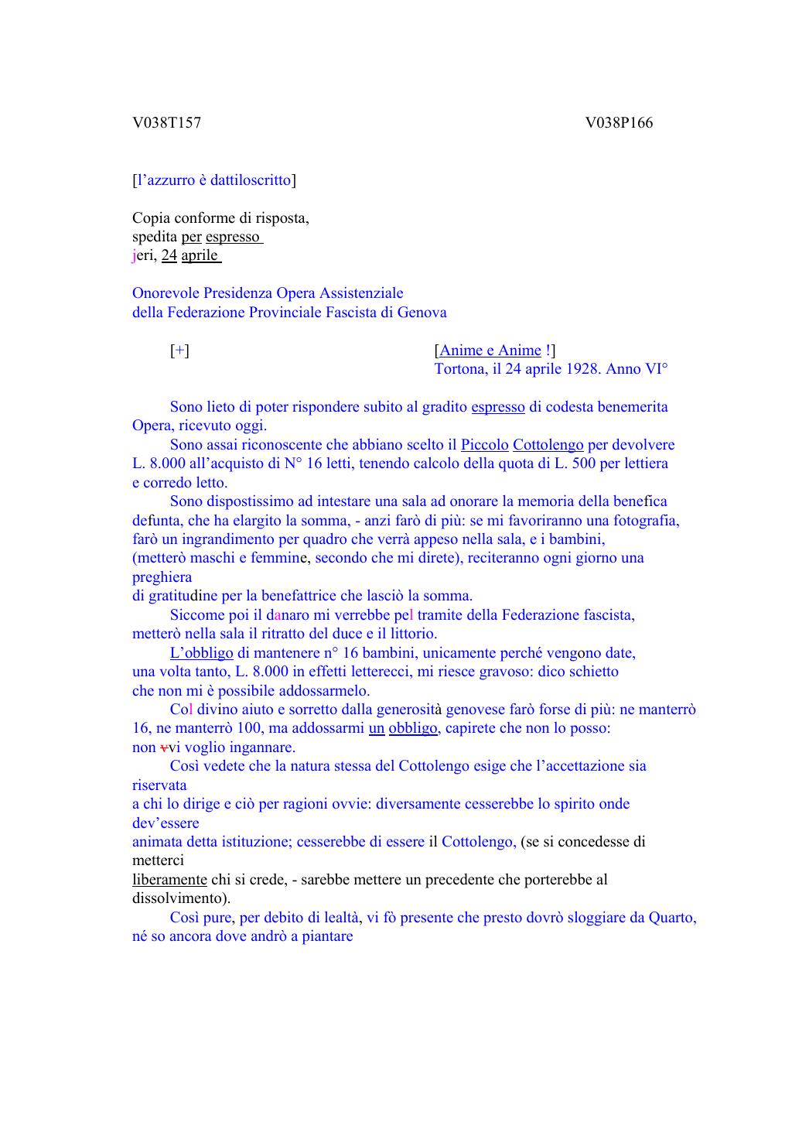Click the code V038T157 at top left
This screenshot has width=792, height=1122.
[x=166, y=123]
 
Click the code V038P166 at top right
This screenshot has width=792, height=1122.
[x=619, y=123]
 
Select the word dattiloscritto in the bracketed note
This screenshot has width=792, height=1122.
[x=251, y=180]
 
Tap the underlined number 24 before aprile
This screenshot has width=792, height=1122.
[x=169, y=255]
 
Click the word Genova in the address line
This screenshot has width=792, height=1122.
[x=422, y=313]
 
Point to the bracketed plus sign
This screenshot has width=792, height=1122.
[x=179, y=351]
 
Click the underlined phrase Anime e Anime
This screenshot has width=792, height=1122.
[x=490, y=351]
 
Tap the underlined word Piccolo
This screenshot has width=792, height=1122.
[x=485, y=445]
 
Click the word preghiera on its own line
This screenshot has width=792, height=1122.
[x=162, y=577]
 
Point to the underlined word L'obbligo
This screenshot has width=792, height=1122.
[x=201, y=653]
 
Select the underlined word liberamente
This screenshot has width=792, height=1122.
[x=169, y=880]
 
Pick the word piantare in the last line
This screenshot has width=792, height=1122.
[x=328, y=936]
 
